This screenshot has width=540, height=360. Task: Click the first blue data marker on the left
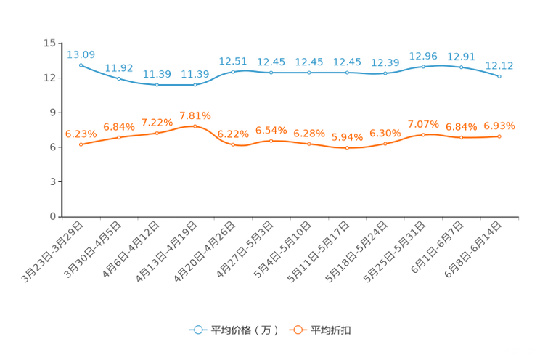pos(81,65)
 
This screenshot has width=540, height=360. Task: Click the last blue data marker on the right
pos(500,75)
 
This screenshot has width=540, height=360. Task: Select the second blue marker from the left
pos(118,78)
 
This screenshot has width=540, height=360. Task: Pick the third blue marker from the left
pos(157,85)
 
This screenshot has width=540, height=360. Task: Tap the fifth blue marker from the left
pos(233,71)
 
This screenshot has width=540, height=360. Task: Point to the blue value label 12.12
pos(500,65)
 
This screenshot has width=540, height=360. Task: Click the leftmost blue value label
pos(81,54)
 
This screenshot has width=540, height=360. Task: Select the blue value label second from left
pos(118,67)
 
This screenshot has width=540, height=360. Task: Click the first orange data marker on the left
pos(81,144)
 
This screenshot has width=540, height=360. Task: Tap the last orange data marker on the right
pos(500,136)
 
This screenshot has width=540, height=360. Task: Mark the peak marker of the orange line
pos(195,126)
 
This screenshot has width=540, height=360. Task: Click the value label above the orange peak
pos(195,115)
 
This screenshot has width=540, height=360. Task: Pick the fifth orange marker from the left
pos(233,144)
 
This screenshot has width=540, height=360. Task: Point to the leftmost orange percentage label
pos(81,134)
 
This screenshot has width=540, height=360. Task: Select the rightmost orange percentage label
pos(500,126)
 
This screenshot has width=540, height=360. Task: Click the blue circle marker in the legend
pos(197,330)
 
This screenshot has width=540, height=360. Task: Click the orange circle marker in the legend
pos(297,330)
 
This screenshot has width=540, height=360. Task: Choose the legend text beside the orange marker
pos(332,330)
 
